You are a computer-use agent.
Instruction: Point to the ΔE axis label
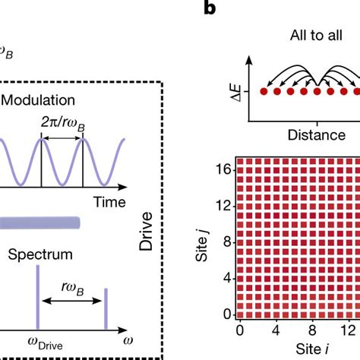pos(232,93)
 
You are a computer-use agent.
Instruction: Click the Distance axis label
pos(312,134)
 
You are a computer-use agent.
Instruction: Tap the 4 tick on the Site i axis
pos(276,330)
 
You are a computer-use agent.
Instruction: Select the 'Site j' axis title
pos(204,240)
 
